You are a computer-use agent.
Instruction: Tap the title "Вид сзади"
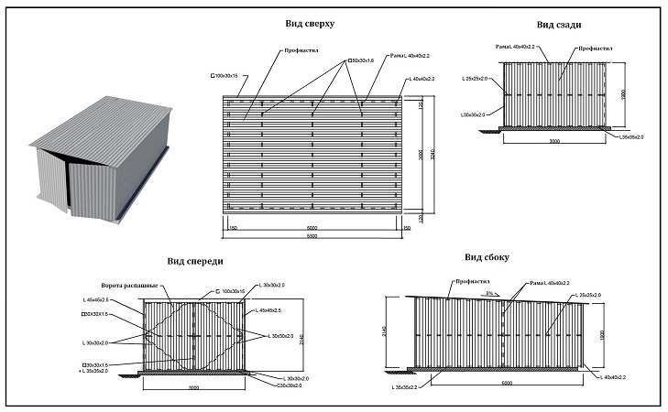544,26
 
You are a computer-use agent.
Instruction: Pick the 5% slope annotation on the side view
491,293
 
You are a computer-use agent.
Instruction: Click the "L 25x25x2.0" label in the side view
585,295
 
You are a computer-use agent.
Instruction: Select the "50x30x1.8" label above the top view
363,61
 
